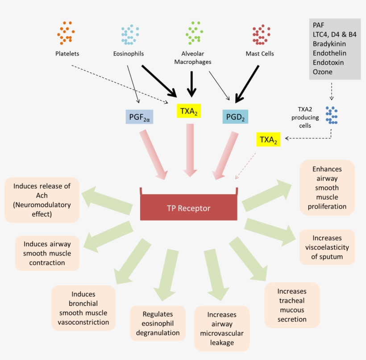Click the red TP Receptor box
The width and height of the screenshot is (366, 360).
click(x=188, y=208)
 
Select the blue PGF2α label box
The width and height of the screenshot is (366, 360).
click(x=139, y=117)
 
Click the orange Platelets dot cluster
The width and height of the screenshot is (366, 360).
click(x=65, y=33)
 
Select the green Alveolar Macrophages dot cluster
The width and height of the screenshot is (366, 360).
click(x=194, y=33)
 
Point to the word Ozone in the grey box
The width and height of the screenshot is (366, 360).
click(x=322, y=71)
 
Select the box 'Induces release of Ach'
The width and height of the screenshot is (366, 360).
click(x=42, y=200)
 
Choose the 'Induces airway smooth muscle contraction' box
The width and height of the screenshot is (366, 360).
click(x=47, y=253)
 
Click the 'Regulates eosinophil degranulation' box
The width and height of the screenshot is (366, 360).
click(x=158, y=323)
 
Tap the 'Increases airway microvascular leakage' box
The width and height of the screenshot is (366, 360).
click(x=222, y=328)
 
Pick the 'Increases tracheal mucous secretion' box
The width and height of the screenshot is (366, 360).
click(x=292, y=305)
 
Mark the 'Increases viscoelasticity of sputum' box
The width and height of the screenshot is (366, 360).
click(x=327, y=247)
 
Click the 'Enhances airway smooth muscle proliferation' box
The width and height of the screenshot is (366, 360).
click(x=327, y=188)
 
